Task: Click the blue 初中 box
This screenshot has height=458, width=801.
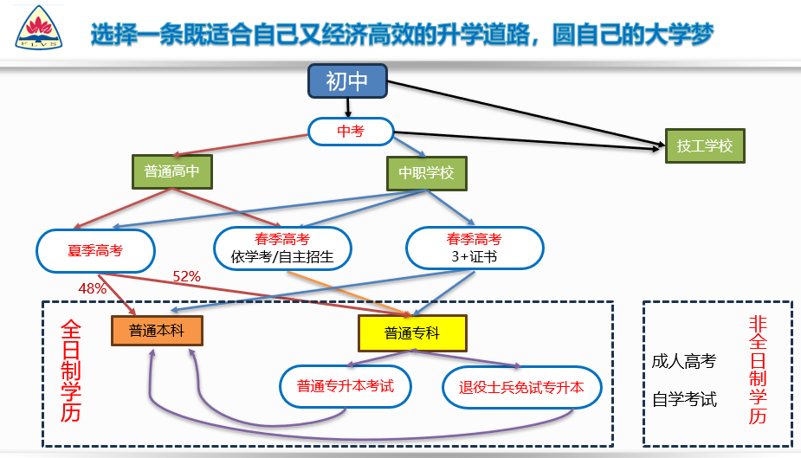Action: [347, 82]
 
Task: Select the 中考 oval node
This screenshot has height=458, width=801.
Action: [350, 132]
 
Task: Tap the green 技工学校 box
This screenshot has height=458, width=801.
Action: [704, 145]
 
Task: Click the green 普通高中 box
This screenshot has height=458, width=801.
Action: [171, 171]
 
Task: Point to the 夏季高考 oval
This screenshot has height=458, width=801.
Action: [95, 251]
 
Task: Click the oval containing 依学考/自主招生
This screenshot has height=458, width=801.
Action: [282, 247]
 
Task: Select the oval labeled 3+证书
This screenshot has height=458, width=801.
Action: [474, 248]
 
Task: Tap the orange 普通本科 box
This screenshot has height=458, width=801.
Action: [157, 330]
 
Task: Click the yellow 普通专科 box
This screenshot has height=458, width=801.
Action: [412, 332]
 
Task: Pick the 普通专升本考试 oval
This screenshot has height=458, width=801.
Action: [346, 386]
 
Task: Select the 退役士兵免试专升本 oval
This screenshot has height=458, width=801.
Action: [520, 387]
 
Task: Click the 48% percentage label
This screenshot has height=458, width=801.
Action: [93, 289]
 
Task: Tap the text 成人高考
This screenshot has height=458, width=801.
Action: [684, 361]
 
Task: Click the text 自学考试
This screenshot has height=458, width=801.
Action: [684, 400]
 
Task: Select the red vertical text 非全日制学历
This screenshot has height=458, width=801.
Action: [757, 370]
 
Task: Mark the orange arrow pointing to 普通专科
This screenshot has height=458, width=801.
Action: [346, 292]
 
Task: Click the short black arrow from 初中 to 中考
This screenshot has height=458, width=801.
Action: [348, 107]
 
